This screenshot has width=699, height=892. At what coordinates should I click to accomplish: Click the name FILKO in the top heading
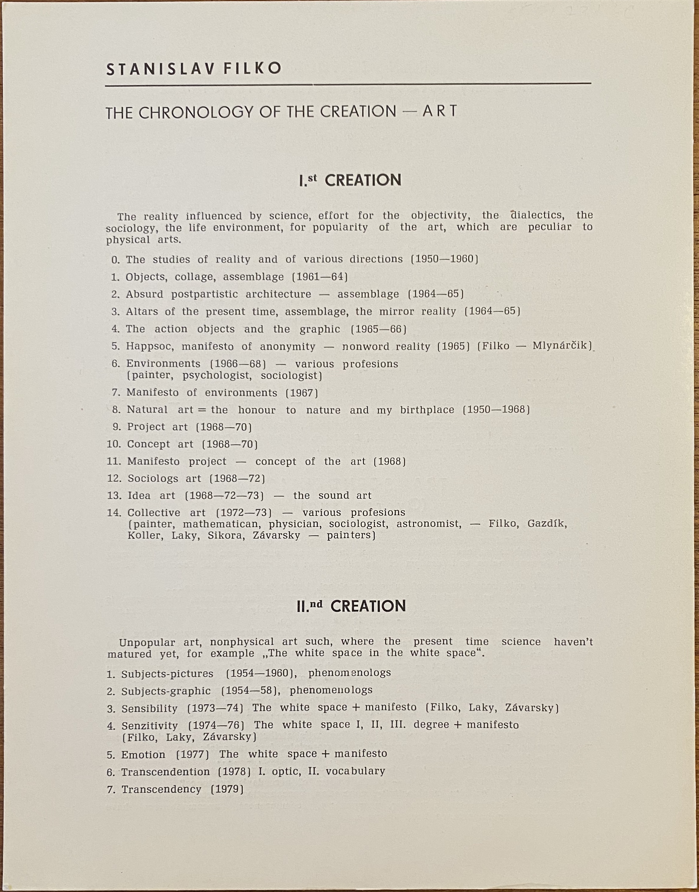coord(252,68)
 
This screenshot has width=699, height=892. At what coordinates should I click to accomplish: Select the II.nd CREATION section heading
coord(351,606)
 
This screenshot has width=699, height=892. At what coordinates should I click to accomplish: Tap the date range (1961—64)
coord(320,277)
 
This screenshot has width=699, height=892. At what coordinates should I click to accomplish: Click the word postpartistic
coord(204,294)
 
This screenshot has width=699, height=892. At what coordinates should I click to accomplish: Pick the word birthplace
coord(427,410)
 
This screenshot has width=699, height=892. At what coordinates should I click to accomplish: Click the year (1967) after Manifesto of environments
coord(302,393)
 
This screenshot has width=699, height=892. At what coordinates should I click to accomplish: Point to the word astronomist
coord(429,524)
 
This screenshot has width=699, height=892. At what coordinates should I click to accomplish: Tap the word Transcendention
coord(165,772)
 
